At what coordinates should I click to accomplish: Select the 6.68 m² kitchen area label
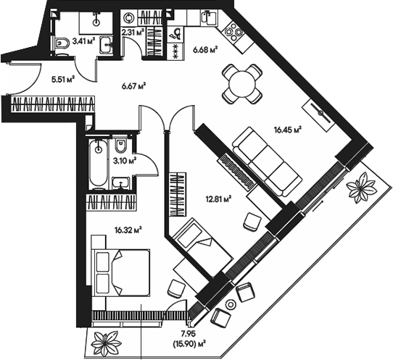pyautogui.click(x=204, y=51)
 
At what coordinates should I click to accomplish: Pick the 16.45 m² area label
pyautogui.click(x=287, y=130)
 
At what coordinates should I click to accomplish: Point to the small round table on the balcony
pyautogui.click(x=231, y=304)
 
